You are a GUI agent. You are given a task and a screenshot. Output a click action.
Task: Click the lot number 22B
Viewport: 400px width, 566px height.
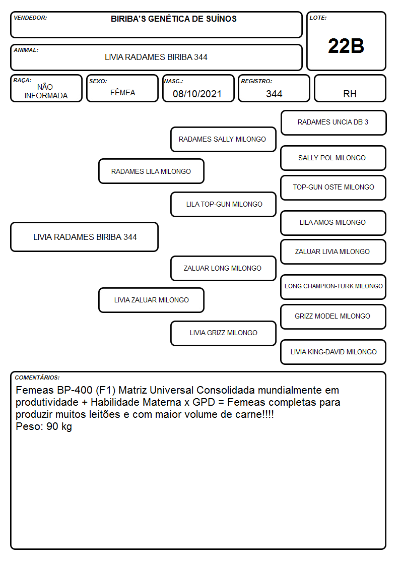346,46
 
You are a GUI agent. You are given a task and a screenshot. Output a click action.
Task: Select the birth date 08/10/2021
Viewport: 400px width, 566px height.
197,94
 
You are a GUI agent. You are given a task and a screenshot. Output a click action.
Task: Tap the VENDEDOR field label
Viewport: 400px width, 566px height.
30,18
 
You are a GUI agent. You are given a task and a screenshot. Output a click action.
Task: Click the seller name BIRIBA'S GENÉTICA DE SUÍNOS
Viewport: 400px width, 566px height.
173,19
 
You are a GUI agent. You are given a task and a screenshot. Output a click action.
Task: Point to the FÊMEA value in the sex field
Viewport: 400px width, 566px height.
122,92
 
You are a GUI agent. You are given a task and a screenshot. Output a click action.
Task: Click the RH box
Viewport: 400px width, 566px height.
350,88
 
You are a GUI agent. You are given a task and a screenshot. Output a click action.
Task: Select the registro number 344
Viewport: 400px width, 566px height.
274,94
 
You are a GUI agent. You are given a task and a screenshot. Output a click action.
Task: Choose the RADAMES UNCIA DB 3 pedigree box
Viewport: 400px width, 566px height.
334,123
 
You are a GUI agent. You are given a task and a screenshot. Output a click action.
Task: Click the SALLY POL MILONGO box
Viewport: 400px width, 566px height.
333,158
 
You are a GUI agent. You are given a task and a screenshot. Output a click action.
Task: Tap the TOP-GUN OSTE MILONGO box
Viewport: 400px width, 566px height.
333,187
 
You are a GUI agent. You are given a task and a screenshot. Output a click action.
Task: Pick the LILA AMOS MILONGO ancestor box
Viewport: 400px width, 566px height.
333,223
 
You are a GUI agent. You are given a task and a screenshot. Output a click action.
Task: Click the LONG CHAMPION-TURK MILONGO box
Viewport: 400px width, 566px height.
333,287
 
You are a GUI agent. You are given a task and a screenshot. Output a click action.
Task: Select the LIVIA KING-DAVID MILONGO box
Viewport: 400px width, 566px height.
333,352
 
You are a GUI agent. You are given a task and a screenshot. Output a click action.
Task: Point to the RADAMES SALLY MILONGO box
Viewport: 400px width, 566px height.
223,139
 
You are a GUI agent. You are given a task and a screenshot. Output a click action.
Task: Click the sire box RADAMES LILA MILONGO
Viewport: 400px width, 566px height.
151,171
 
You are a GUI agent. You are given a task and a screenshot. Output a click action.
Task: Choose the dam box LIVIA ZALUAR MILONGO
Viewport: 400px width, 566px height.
151,300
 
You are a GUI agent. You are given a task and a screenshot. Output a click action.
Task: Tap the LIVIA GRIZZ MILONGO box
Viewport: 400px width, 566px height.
223,333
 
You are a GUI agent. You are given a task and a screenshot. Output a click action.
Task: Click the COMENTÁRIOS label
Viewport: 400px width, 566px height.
37,378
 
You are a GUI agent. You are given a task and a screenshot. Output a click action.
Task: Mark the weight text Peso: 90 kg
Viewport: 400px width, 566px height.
44,427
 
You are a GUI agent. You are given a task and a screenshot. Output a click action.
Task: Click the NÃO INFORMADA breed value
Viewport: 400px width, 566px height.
46,91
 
